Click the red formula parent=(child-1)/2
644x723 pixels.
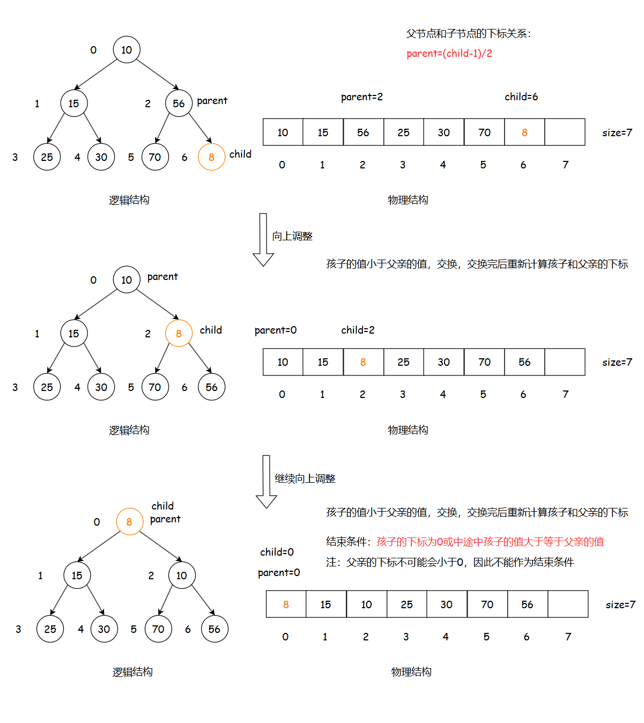449,53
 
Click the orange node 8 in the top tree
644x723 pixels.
211,157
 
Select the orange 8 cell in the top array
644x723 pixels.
524,132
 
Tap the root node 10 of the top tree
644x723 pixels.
127,50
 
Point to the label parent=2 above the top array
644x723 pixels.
362,97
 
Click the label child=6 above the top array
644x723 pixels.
521,97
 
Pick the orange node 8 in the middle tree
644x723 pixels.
179,334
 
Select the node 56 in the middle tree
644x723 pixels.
211,387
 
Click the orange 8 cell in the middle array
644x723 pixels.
363,362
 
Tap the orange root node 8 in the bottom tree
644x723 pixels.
129,521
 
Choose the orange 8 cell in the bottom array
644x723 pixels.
286,604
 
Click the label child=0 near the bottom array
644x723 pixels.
277,552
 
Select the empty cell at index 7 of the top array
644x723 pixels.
565,132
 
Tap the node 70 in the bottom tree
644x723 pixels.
158,629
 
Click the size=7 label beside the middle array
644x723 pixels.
617,362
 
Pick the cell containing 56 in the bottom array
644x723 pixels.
527,604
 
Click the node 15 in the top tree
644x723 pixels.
73,104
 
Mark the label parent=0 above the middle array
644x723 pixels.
276,330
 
